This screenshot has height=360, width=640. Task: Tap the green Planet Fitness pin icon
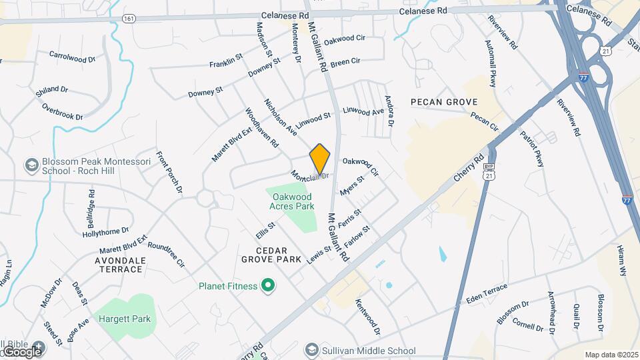click(x=269, y=286)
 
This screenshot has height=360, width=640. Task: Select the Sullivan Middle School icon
click(x=311, y=350)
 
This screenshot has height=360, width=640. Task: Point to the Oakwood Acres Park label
click(x=291, y=201)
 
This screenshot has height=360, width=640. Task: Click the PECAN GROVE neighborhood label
click(x=444, y=102)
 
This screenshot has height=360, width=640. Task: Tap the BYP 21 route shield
click(x=491, y=172)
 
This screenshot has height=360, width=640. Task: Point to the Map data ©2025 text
click(x=611, y=355)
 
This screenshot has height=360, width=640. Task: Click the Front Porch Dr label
click(x=169, y=173)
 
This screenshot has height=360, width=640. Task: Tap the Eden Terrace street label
click(x=487, y=294)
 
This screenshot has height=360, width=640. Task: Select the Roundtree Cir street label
click(x=166, y=254)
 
